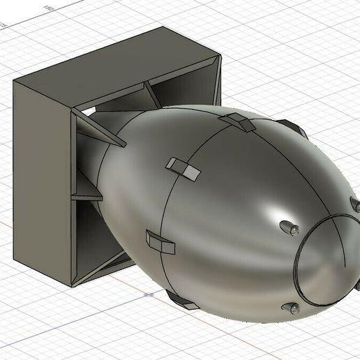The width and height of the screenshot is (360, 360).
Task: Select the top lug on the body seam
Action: coord(239,123)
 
